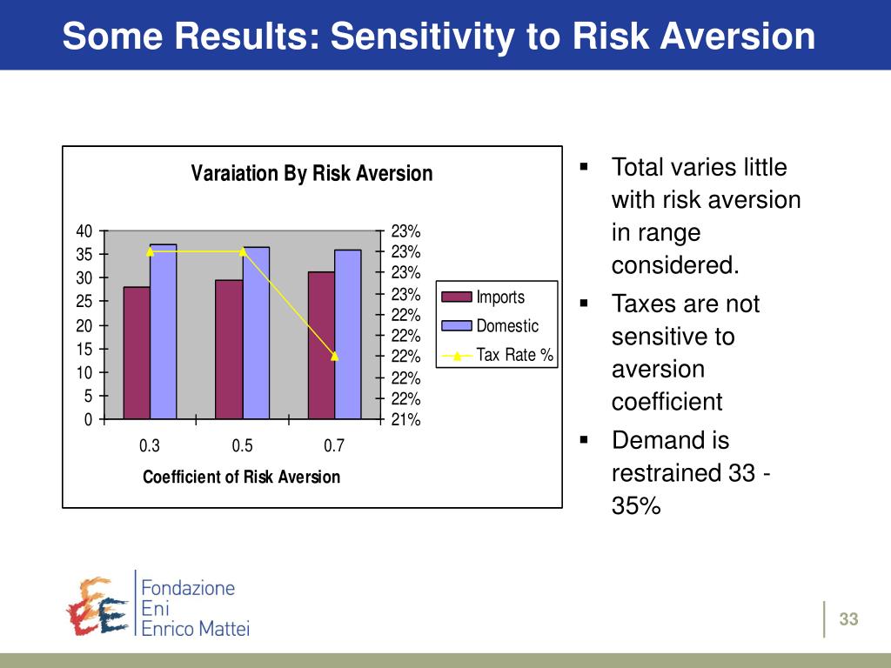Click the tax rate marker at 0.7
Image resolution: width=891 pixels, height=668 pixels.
point(334,356)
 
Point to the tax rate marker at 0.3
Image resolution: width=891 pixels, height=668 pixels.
point(150,251)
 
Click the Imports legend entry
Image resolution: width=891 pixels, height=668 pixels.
point(500,297)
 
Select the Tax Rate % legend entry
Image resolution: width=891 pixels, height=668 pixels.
point(514,355)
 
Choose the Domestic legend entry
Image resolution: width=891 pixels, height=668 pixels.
point(507,326)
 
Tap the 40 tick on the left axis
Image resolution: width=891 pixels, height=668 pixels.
point(84,231)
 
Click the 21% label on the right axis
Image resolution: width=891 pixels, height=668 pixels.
point(405,420)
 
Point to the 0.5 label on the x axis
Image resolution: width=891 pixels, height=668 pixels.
point(242,446)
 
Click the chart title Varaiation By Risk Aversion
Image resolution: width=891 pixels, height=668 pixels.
point(312,173)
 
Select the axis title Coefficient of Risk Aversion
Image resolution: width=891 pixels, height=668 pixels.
point(241,477)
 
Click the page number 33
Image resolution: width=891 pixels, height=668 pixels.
point(848,619)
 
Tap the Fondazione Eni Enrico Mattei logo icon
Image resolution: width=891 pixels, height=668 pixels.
point(97,605)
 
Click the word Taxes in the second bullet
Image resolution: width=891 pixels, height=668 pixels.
point(641,304)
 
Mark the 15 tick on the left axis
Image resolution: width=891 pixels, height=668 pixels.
point(84,349)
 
